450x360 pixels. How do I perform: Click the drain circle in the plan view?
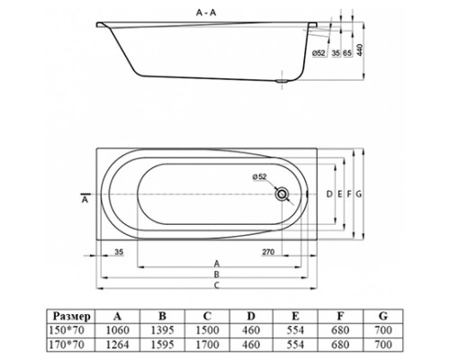(284, 193)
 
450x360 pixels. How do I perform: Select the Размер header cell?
(71, 315)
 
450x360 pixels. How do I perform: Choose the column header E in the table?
(297, 315)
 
